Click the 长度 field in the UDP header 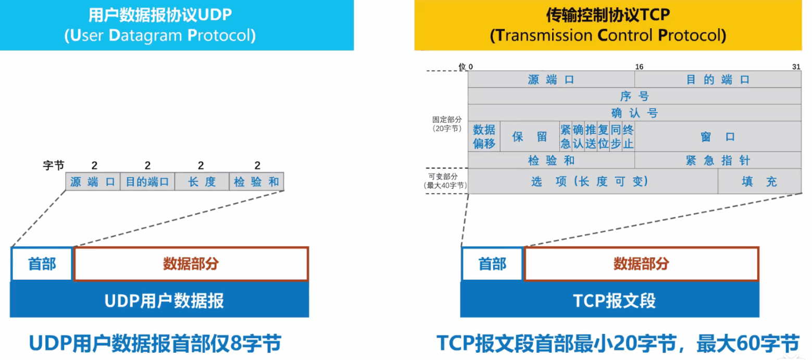(x=202, y=182)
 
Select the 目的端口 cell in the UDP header (x=147, y=182)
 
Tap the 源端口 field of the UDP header (x=93, y=182)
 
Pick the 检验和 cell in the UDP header (x=257, y=182)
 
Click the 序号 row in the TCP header (x=634, y=96)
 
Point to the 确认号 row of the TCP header (x=634, y=113)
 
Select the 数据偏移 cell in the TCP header (x=484, y=136)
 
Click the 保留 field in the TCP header (x=530, y=136)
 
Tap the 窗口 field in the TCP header (x=718, y=136)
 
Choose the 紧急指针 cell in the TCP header (x=718, y=160)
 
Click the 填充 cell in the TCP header (x=759, y=181)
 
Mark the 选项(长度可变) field (x=593, y=181)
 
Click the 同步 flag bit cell (x=616, y=136)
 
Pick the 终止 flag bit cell (x=628, y=136)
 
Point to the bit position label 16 (x=639, y=67)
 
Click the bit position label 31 (x=796, y=67)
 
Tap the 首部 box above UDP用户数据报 (x=42, y=264)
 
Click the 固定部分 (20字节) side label (x=447, y=124)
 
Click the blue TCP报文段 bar (x=610, y=300)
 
